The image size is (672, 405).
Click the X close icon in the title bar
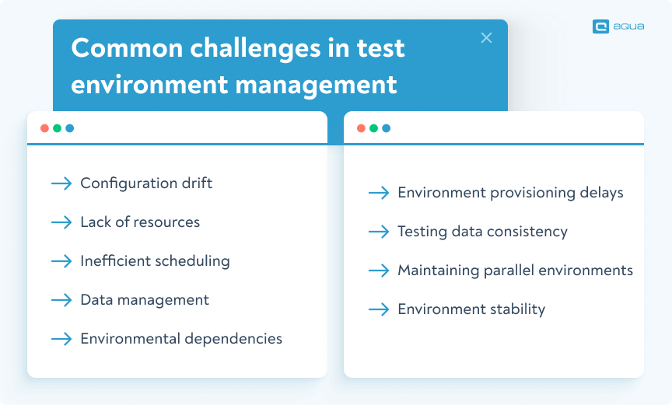click(486, 38)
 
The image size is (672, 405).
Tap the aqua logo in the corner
click(617, 26)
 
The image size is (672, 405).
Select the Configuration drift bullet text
click(146, 183)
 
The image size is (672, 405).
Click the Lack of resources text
click(140, 222)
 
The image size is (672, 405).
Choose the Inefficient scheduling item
click(155, 261)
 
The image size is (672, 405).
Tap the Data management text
click(145, 300)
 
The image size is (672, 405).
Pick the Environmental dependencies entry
click(181, 339)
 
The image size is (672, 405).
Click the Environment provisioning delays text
click(510, 193)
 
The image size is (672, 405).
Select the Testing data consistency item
click(482, 232)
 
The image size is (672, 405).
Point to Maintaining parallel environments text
click(515, 271)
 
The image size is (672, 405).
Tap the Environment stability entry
click(471, 309)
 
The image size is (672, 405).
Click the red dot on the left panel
click(44, 128)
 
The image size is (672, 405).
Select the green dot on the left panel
click(57, 128)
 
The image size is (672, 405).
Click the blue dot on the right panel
click(387, 128)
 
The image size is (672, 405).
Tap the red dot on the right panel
click(361, 128)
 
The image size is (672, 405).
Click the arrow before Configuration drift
click(61, 183)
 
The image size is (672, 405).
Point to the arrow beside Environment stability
click(379, 309)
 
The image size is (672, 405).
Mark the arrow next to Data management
click(61, 300)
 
